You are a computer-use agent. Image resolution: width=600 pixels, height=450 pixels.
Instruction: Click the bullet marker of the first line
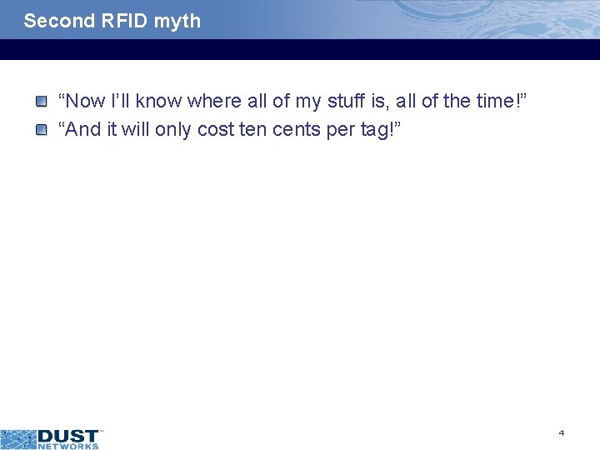[x=41, y=102]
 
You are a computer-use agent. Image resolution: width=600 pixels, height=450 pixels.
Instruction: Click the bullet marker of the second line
[x=41, y=129]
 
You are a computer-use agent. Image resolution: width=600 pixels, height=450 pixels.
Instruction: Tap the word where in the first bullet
[x=215, y=102]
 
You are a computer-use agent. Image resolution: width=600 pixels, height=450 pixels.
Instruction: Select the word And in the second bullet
[x=84, y=130]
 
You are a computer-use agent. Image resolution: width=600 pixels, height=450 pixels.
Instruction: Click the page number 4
[x=562, y=432]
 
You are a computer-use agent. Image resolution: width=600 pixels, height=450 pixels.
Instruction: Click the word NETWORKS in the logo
[x=68, y=446]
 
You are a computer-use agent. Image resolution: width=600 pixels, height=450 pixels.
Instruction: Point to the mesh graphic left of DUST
[x=18, y=438]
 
